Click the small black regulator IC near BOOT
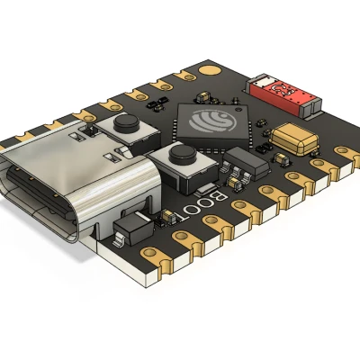pyautogui.click(x=240, y=166)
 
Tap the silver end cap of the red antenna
pyautogui.click(x=308, y=105)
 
